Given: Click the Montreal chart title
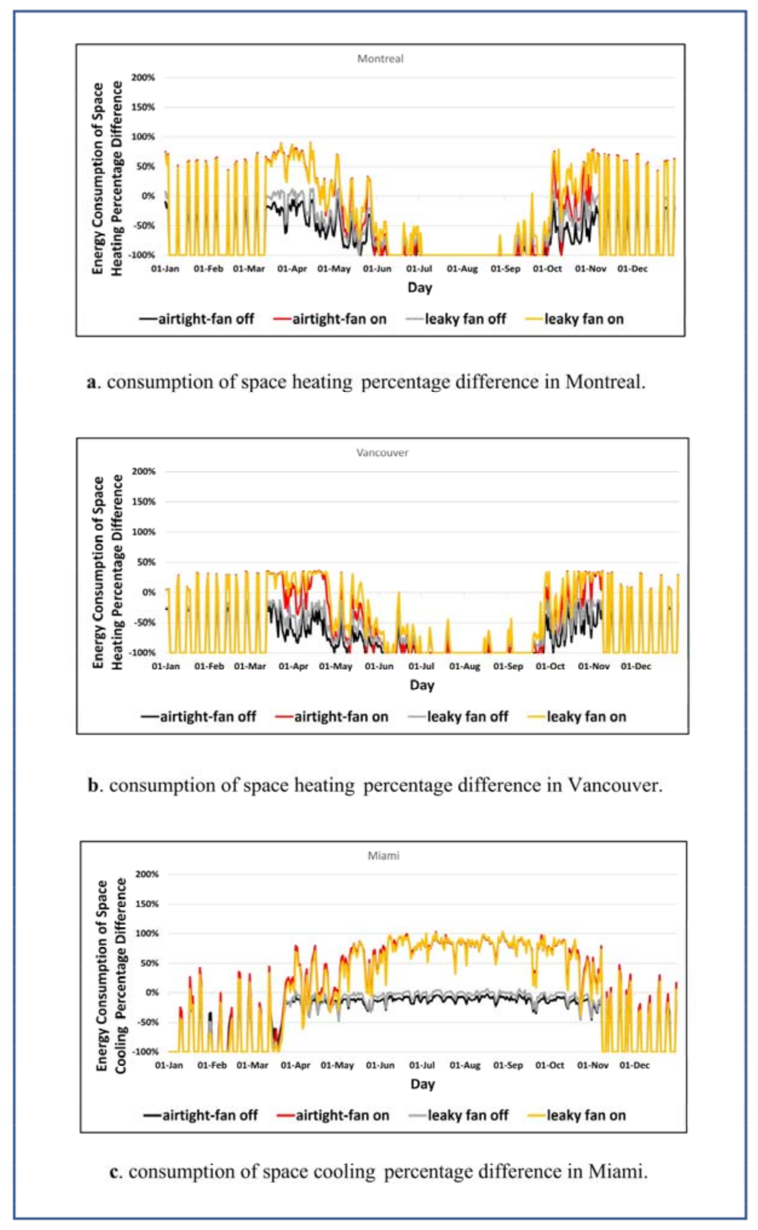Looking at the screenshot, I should pyautogui.click(x=380, y=59).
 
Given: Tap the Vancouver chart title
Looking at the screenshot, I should pyautogui.click(x=382, y=453).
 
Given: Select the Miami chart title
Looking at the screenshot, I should pyautogui.click(x=384, y=856).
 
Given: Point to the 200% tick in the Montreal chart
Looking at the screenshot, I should pyautogui.click(x=143, y=78).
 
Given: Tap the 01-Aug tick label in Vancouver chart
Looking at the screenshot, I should pyautogui.click(x=464, y=666).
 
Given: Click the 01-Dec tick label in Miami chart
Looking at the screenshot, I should pyautogui.click(x=634, y=1065).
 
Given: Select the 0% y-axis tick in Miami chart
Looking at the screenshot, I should pyautogui.click(x=151, y=993).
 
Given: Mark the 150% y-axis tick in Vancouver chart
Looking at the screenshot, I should pyautogui.click(x=144, y=502).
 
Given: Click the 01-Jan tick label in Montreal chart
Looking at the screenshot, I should pyautogui.click(x=166, y=269).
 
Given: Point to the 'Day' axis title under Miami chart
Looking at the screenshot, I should pyautogui.click(x=422, y=1084).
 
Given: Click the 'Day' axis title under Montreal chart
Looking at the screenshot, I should pyautogui.click(x=420, y=287).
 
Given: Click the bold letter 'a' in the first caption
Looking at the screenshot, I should pyautogui.click(x=92, y=383).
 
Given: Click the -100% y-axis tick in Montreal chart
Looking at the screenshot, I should pyautogui.click(x=141, y=256).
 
